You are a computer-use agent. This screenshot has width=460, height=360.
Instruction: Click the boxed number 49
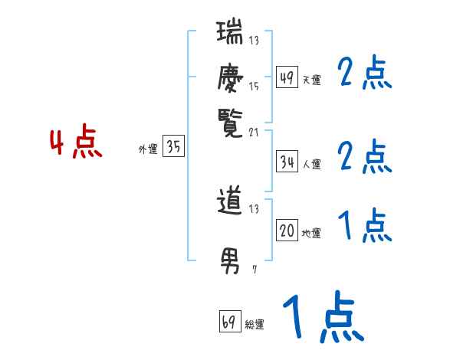(x=286, y=77)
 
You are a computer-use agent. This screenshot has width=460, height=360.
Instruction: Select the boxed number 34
(x=286, y=162)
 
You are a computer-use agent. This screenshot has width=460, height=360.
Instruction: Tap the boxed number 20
(x=286, y=231)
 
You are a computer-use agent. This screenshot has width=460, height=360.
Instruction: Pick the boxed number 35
(x=174, y=147)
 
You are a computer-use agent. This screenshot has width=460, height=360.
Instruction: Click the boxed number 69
(x=228, y=322)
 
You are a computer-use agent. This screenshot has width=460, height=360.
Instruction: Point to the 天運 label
(x=311, y=80)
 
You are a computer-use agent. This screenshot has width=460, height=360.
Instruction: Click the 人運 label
(x=311, y=164)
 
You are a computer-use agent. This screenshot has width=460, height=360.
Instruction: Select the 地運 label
(x=311, y=233)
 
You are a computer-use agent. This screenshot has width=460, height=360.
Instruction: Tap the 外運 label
(x=148, y=149)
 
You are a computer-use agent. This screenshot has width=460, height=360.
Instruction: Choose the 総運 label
(x=255, y=324)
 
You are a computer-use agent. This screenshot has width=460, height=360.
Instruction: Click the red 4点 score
(x=76, y=144)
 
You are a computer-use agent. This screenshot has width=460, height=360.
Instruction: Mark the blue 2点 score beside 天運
(x=364, y=74)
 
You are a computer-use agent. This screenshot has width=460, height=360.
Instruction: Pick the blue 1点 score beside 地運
(x=364, y=226)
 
